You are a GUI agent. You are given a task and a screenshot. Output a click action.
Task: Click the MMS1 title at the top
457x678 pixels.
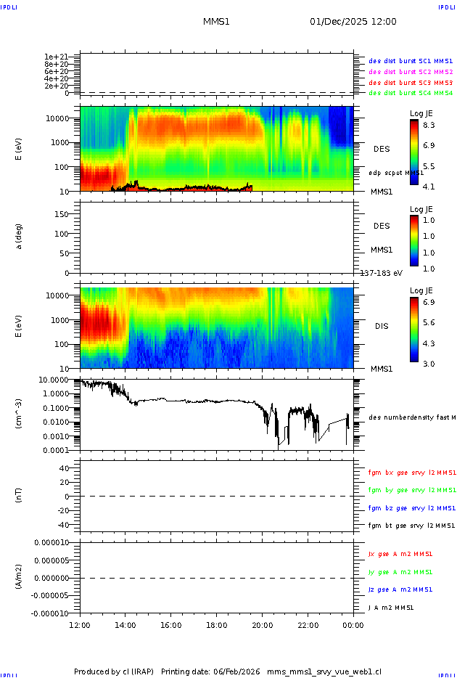tap(216, 22)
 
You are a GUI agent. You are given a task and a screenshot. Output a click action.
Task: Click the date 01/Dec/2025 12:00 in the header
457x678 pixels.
tap(353, 22)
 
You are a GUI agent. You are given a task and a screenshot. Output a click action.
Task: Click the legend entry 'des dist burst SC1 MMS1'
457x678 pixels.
tap(411, 62)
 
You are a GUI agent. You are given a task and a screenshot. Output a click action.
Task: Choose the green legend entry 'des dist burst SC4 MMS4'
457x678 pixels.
tap(411, 93)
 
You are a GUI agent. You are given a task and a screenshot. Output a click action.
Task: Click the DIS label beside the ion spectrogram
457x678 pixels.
tap(382, 327)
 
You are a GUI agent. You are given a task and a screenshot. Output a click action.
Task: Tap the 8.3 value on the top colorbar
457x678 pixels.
tap(429, 125)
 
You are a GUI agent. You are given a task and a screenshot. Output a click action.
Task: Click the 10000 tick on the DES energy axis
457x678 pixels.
tap(58, 118)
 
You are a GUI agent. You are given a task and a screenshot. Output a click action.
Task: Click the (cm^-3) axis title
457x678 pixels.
tap(20, 414)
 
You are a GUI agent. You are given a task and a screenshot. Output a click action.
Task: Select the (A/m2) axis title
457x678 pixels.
tap(20, 577)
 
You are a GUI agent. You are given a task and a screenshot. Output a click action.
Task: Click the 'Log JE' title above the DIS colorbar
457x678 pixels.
tap(421, 290)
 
